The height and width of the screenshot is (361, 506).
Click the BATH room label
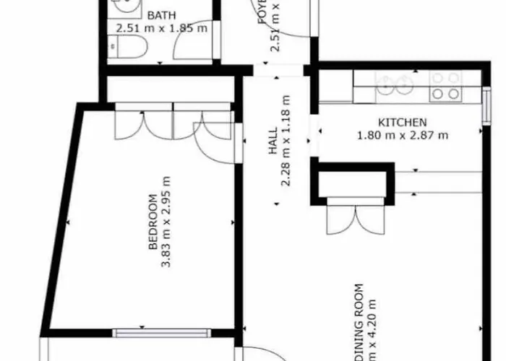point(163,16)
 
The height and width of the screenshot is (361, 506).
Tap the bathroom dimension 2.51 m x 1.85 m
point(162,29)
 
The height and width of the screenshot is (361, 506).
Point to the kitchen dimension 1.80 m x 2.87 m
point(403,134)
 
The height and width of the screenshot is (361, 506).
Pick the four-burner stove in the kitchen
point(445,86)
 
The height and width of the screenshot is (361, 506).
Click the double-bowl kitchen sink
point(395,86)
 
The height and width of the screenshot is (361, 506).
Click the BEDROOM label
point(153,222)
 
